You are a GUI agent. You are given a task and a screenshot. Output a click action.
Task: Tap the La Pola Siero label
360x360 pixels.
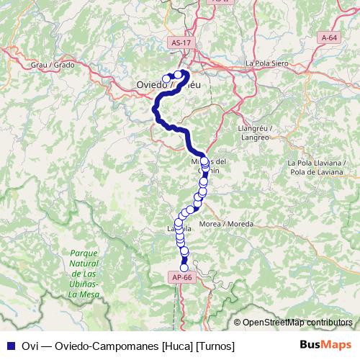[x=267, y=63]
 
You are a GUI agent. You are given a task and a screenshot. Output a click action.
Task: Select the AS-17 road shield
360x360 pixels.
[x=181, y=43]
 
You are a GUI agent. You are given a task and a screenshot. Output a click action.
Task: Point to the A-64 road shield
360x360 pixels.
[x=329, y=37]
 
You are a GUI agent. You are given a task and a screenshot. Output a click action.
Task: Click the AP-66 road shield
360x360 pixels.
[x=181, y=276]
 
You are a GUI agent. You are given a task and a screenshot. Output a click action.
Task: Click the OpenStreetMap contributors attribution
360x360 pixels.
[x=297, y=323]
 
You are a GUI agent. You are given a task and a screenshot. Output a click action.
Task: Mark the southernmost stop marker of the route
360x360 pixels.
[x=184, y=268]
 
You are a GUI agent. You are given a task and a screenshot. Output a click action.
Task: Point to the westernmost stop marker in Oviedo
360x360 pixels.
[x=166, y=78]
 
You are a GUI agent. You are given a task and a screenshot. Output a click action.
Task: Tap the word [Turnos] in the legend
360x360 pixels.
[x=215, y=346]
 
